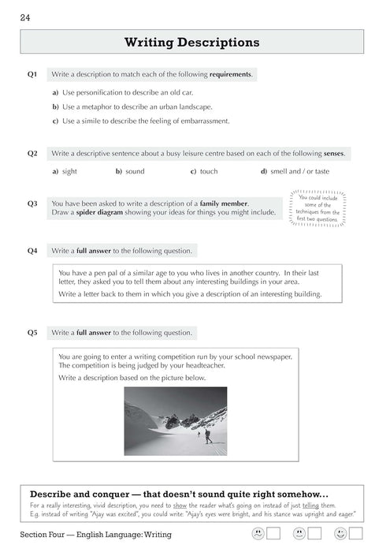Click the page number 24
[x=26, y=18]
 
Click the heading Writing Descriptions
[x=191, y=42]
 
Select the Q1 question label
[x=32, y=75]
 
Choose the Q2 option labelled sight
[x=69, y=171]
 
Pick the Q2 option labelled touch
[x=208, y=171]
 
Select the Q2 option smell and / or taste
[x=299, y=171]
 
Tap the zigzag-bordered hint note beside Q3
[x=318, y=207]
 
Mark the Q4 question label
[x=32, y=251]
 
